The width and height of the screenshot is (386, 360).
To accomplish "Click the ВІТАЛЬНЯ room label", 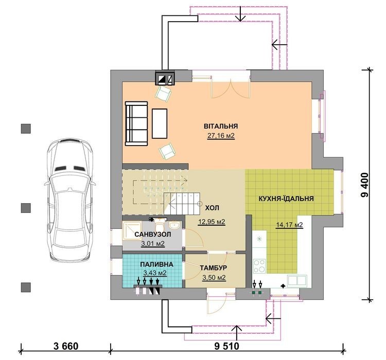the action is [221, 126].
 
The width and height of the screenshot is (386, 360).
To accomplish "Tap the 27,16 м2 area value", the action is [221, 136].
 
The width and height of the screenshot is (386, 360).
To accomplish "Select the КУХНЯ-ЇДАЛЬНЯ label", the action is [286, 199].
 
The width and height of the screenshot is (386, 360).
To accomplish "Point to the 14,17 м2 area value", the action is [289, 225].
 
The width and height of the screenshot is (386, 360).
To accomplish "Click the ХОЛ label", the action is [212, 208].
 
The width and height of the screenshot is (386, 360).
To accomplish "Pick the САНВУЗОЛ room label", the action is [153, 235].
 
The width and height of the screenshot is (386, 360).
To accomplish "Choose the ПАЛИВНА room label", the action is [157, 264].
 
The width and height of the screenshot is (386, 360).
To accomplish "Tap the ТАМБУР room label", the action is [213, 267].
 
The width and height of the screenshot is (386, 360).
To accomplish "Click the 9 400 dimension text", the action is [365, 185].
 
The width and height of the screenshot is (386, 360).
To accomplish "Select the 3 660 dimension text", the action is [66, 346].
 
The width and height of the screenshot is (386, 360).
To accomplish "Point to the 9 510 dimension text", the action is [227, 346].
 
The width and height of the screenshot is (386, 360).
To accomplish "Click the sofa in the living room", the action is [136, 123].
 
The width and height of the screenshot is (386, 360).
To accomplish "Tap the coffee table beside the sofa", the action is [160, 123].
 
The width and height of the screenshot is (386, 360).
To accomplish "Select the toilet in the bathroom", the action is [160, 224].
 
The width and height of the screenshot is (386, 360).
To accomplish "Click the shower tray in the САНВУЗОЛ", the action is [132, 231].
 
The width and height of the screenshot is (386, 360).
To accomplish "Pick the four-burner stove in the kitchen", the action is [259, 266].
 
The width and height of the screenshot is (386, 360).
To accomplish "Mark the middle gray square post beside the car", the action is [26, 208].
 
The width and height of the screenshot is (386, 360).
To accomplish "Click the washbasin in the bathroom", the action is [174, 225].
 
